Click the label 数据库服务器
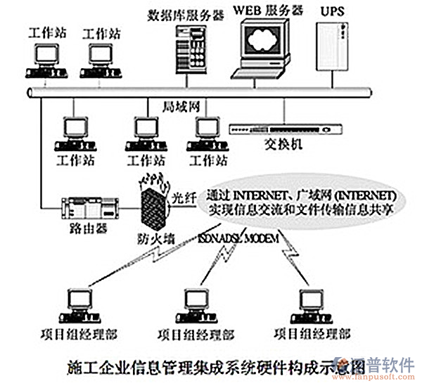(185, 13)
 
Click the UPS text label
(333, 12)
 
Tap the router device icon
(89, 207)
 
